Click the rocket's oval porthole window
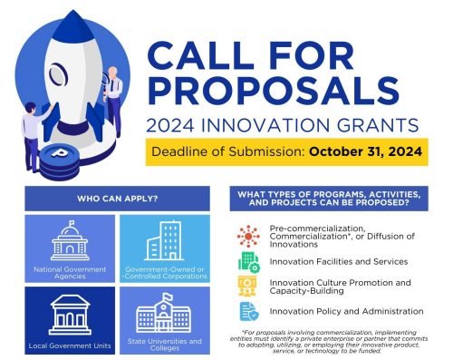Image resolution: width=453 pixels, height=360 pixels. point(58,74)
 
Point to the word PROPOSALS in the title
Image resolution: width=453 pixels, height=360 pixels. point(274,91)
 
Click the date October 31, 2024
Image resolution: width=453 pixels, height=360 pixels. point(365,151)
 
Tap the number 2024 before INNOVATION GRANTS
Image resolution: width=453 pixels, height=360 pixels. point(170,125)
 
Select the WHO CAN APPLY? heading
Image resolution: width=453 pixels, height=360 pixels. point(118,199)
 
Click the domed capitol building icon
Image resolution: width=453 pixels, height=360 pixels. point(70,240)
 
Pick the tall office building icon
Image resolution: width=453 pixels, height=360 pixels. point(164,240)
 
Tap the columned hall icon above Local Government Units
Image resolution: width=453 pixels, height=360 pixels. point(70,315)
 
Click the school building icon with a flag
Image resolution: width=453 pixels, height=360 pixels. point(164,313)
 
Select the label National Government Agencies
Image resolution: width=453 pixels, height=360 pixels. point(70,273)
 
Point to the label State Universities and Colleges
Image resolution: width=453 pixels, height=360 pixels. point(165,345)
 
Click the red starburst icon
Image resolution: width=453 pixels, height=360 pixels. point(248,237)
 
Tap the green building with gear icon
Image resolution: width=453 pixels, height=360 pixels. point(249,262)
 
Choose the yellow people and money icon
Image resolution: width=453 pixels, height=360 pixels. point(247,286)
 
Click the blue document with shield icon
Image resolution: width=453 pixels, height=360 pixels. point(249,311)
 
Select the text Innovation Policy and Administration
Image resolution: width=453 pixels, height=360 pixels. point(346,311)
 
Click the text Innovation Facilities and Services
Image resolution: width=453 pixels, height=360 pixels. point(339,261)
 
